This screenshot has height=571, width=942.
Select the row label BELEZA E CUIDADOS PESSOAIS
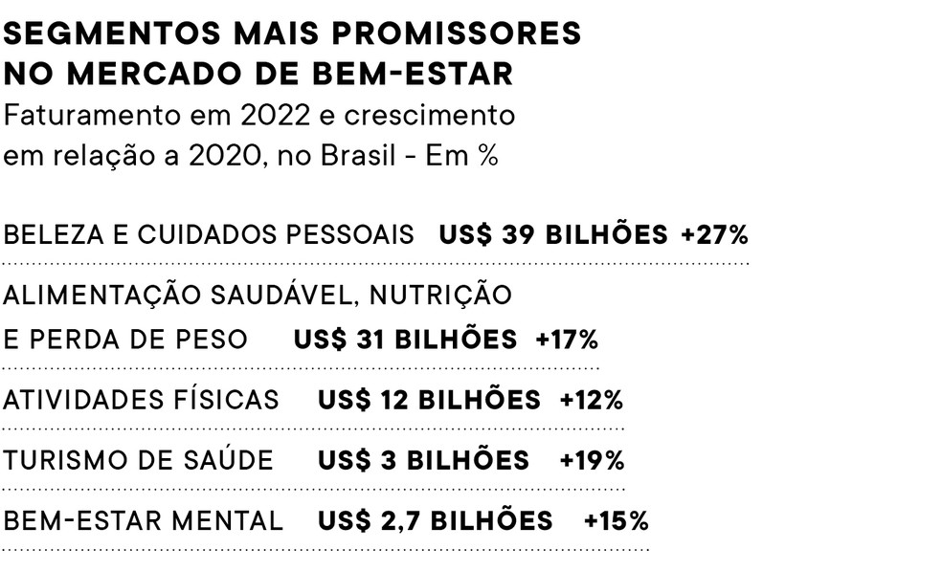[x=209, y=235]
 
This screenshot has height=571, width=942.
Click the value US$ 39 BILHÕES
[x=553, y=235]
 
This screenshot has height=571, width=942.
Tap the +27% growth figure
[x=714, y=235]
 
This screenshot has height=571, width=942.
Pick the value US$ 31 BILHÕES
[x=405, y=340]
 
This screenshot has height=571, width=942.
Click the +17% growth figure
[x=567, y=340]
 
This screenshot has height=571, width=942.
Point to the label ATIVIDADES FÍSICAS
[x=142, y=400]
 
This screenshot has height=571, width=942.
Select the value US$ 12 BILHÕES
[x=429, y=400]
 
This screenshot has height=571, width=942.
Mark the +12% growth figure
[x=592, y=400]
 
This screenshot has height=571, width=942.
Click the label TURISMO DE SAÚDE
[x=138, y=461]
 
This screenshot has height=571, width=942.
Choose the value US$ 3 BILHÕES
[x=423, y=461]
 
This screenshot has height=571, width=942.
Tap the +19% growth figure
[x=592, y=461]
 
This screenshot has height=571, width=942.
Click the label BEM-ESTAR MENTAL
[x=144, y=521]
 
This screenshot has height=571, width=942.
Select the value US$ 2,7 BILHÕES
[x=436, y=521]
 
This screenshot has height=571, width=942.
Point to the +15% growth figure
[x=616, y=521]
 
